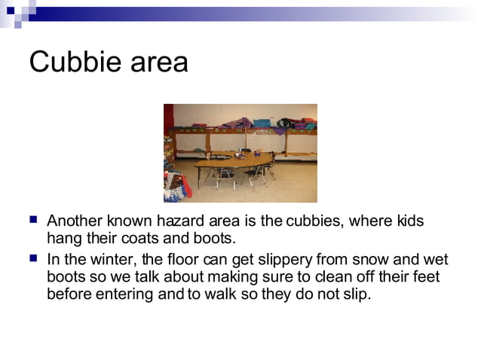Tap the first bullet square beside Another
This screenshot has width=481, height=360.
pyautogui.click(x=32, y=221)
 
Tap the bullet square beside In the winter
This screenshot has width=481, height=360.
pyautogui.click(x=32, y=258)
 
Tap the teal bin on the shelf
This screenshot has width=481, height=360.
pyautogui.click(x=262, y=122)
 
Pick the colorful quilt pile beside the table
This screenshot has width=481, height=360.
pyautogui.click(x=175, y=185)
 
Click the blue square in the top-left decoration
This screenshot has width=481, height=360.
pyautogui.click(x=11, y=11)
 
